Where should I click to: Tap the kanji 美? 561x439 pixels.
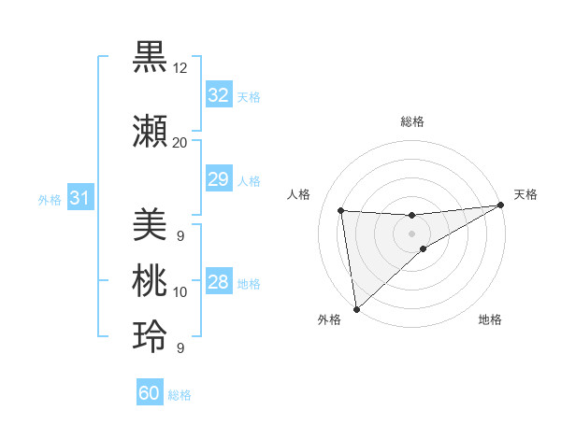151,224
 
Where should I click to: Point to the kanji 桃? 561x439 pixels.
151,281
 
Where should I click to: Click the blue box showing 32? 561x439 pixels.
219,96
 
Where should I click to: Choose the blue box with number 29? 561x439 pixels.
219,180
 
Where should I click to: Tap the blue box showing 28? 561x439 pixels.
219,283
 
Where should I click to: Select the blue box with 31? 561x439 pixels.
80,199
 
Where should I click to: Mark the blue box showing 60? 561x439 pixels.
150,393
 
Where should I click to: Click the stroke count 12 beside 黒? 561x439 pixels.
180,68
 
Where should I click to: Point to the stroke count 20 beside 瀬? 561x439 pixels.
180,142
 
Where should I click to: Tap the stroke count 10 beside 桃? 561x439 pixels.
180,292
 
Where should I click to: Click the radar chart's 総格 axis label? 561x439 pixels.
411,121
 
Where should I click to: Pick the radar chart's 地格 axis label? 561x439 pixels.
490,320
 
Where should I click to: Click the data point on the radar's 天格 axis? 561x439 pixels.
500,205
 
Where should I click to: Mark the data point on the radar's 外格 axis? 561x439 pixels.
355,308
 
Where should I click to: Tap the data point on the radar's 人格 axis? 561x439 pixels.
341,210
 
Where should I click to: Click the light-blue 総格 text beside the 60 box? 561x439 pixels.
180,395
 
